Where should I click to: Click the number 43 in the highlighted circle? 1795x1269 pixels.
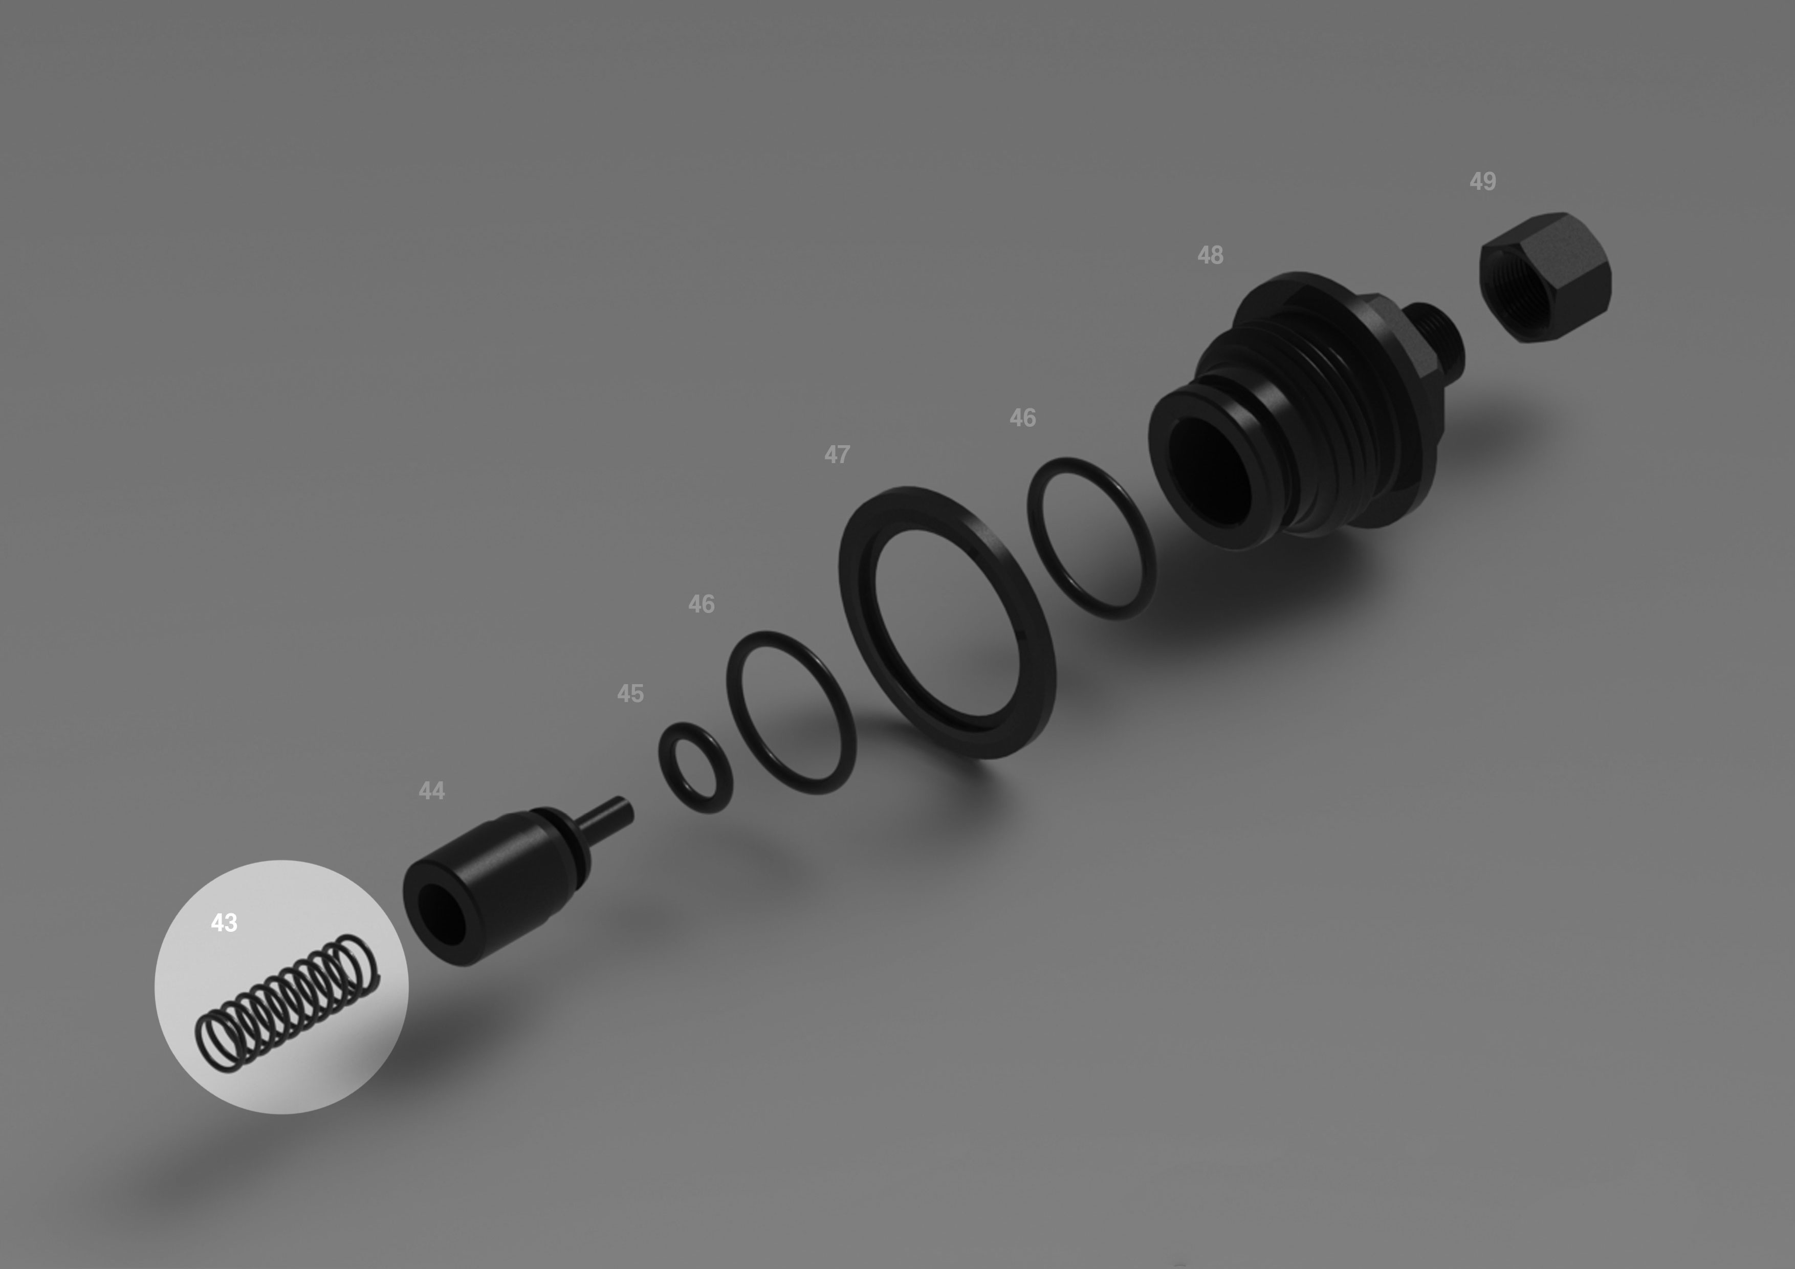coord(224,923)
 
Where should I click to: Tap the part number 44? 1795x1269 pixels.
coord(431,791)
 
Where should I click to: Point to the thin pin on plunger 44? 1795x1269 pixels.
coord(605,816)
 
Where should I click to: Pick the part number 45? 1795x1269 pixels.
coord(630,693)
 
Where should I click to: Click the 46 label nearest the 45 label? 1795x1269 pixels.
coord(702,604)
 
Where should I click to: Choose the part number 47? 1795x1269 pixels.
coord(837,454)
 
